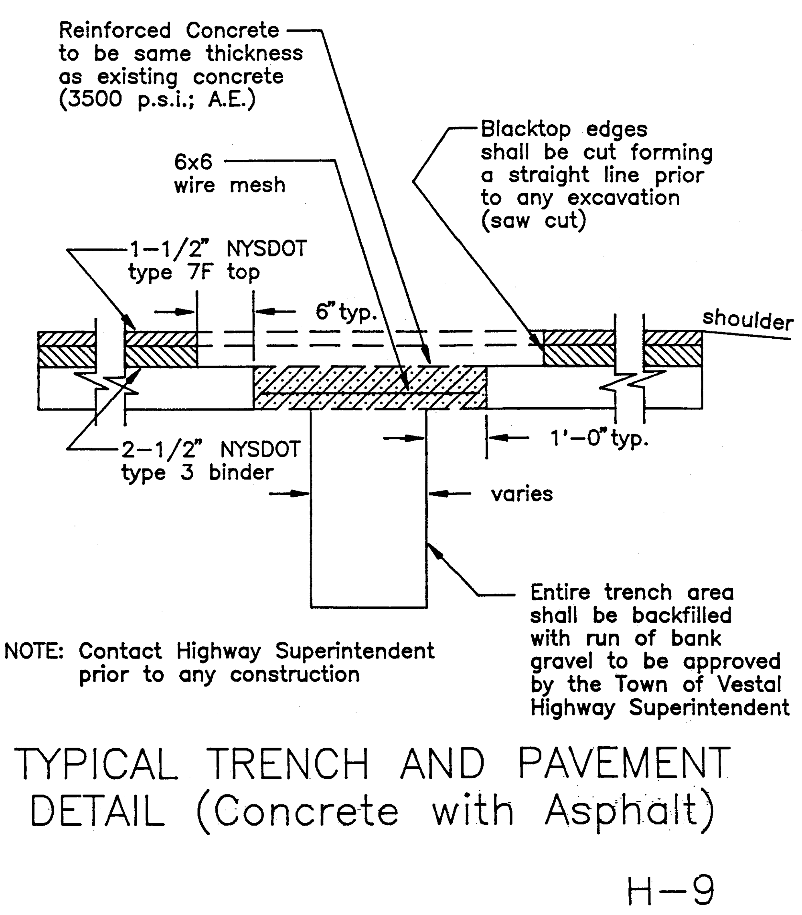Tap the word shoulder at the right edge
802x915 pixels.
tap(748, 320)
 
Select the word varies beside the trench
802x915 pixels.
tap(522, 494)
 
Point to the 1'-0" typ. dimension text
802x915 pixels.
tap(599, 438)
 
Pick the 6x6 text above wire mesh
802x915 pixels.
tap(193, 162)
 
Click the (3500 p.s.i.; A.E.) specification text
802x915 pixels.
tap(157, 99)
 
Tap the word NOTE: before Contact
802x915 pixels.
tap(34, 651)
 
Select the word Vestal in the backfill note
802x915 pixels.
tap(749, 684)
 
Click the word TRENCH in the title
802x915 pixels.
tap(288, 764)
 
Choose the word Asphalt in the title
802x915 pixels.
tap(629, 812)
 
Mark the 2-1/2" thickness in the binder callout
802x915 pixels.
tap(162, 449)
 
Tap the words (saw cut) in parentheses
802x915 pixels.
tap(533, 221)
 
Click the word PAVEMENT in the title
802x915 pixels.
tap(624, 764)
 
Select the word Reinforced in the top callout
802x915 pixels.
tap(115, 30)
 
